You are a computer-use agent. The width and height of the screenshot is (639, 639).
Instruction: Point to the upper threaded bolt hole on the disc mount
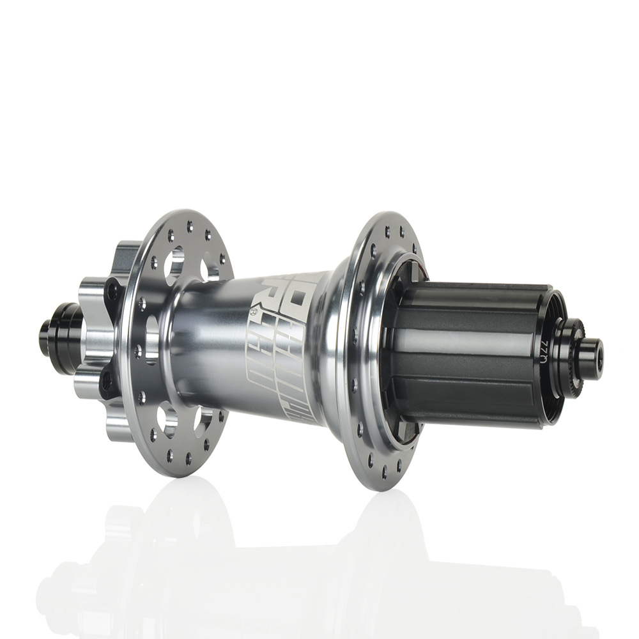tap(113, 292)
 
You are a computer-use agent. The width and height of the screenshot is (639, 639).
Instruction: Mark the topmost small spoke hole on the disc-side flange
tap(189, 225)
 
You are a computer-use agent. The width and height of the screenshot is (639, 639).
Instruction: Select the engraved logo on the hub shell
tap(284, 345)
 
